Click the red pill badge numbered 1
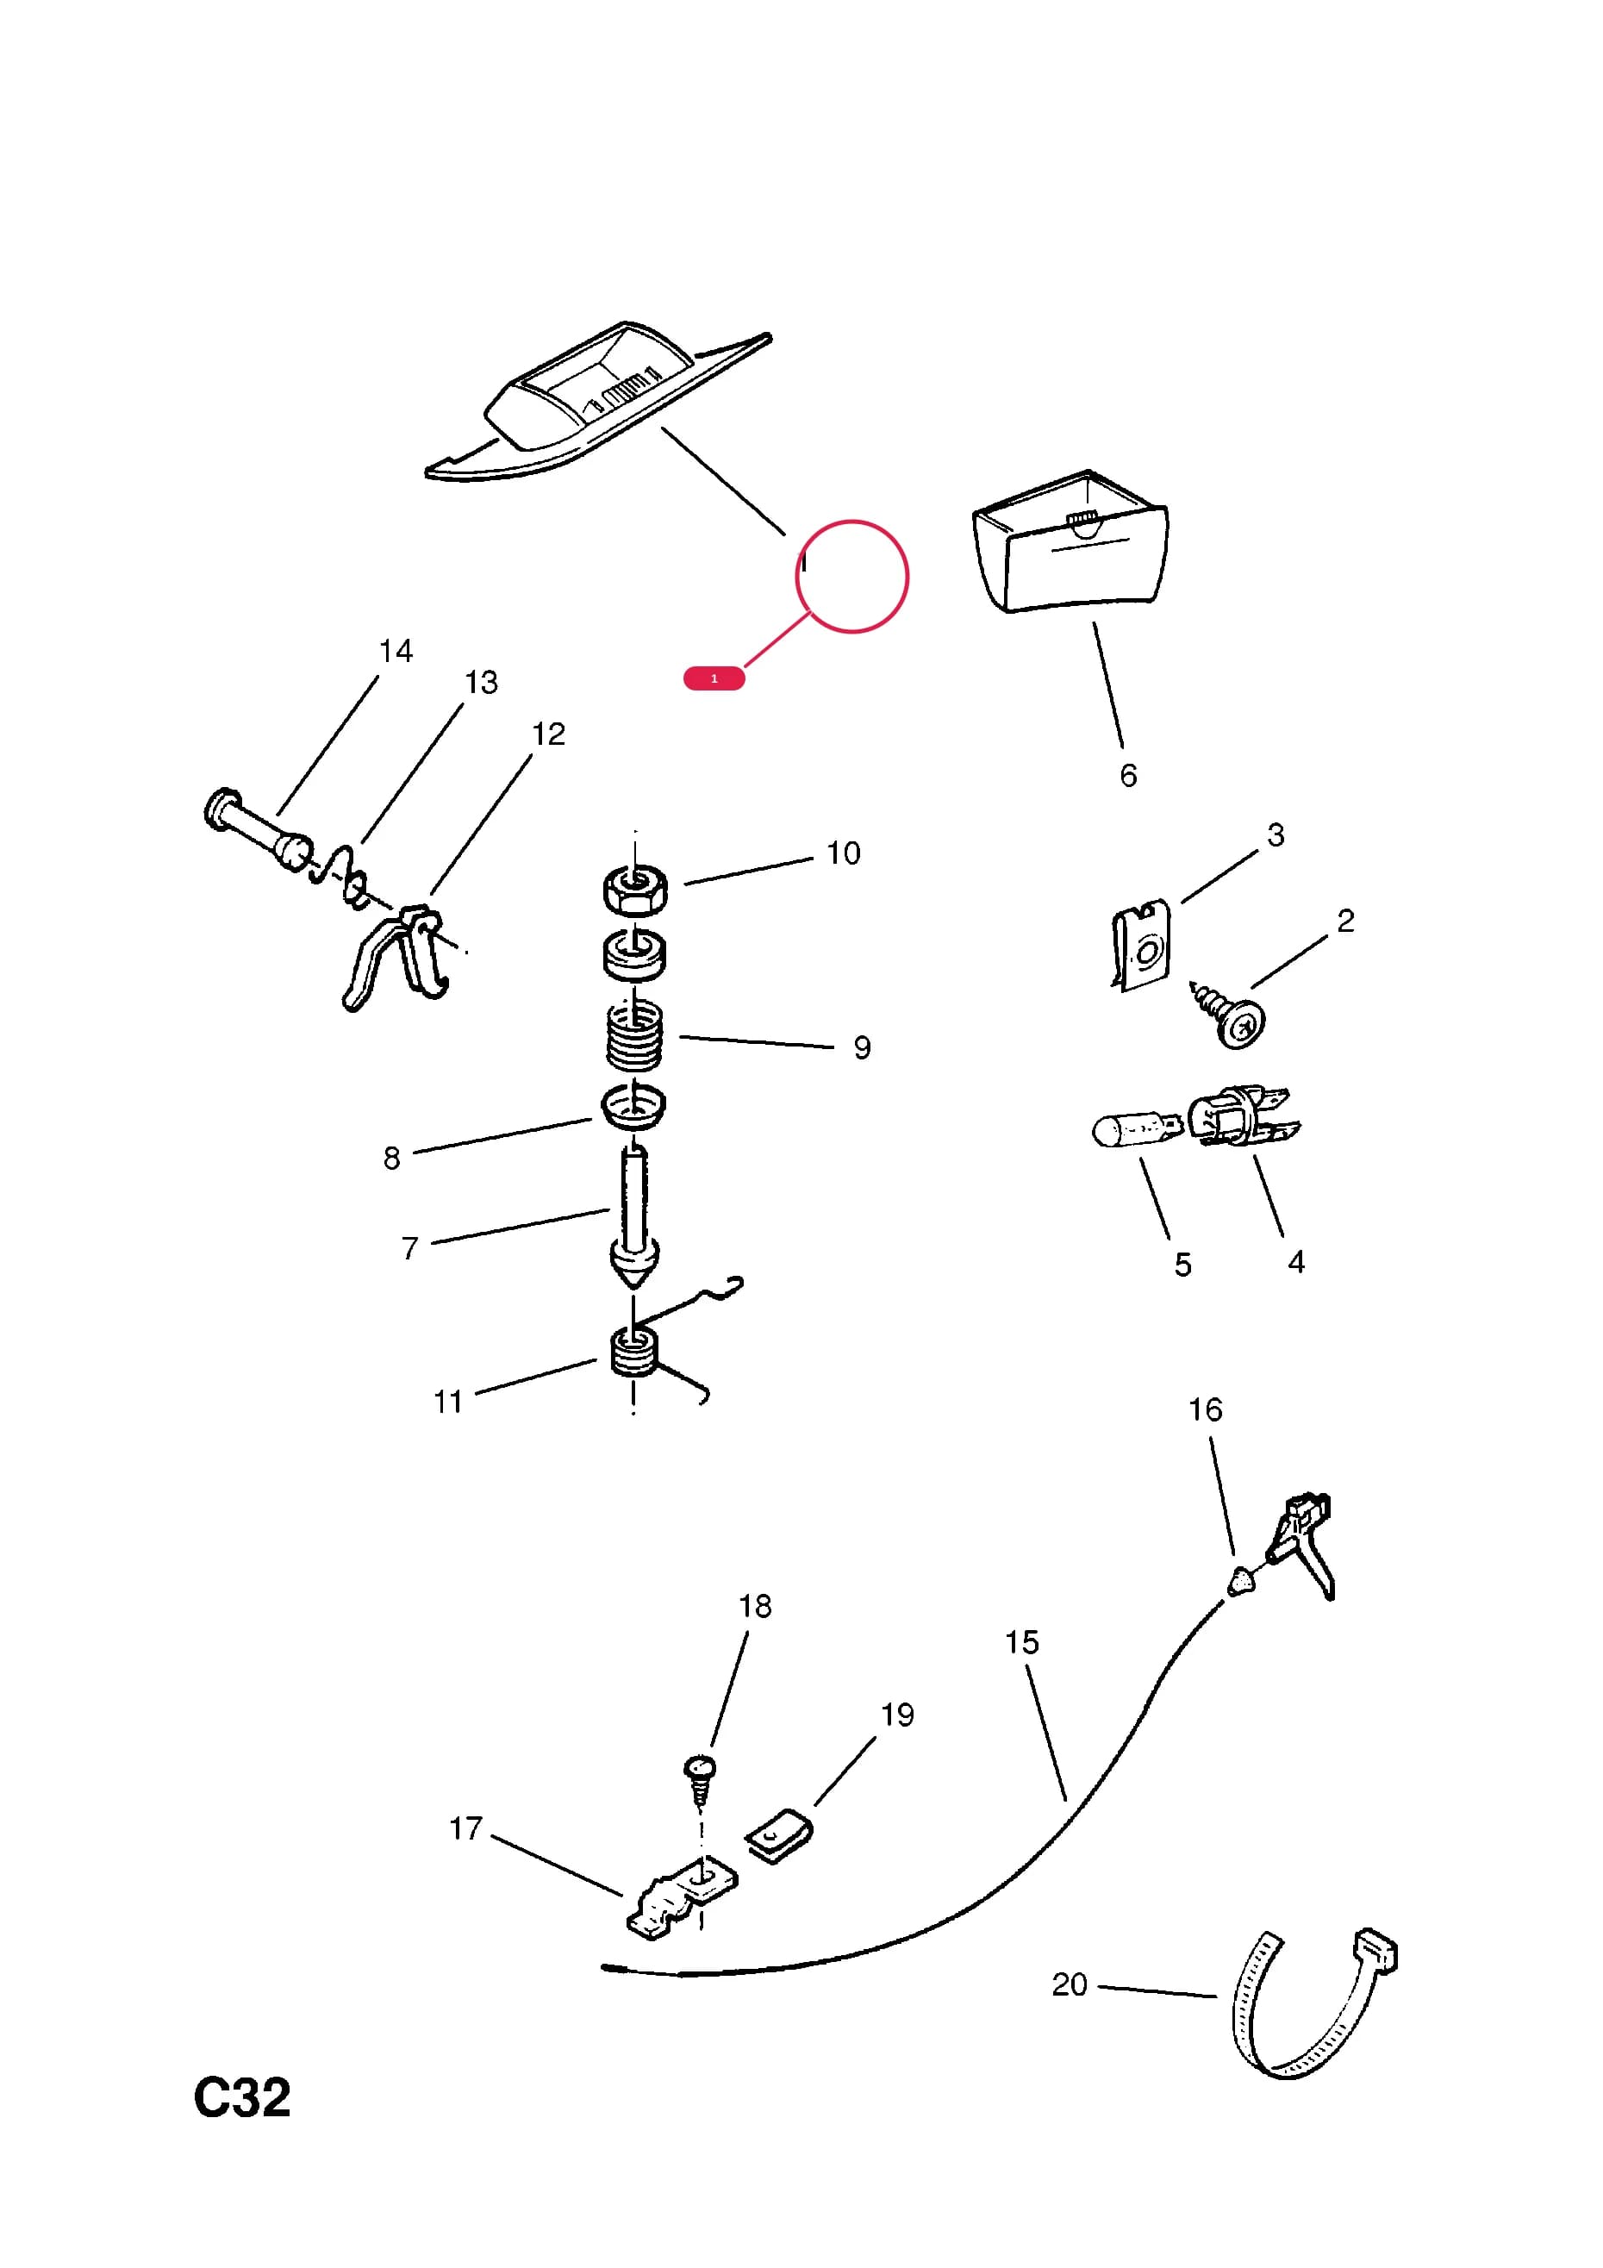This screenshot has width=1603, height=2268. pyautogui.click(x=714, y=678)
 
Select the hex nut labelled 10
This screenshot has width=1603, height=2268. pyautogui.click(x=635, y=888)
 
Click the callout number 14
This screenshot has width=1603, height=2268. pyautogui.click(x=396, y=651)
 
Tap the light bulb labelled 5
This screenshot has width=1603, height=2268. pyautogui.click(x=1137, y=1129)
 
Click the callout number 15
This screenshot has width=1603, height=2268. pyautogui.click(x=1022, y=1643)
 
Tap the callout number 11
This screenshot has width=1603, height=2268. pyautogui.click(x=448, y=1402)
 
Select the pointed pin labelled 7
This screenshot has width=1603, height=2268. pyautogui.click(x=634, y=1217)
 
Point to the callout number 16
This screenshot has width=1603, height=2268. pyautogui.click(x=1205, y=1409)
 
